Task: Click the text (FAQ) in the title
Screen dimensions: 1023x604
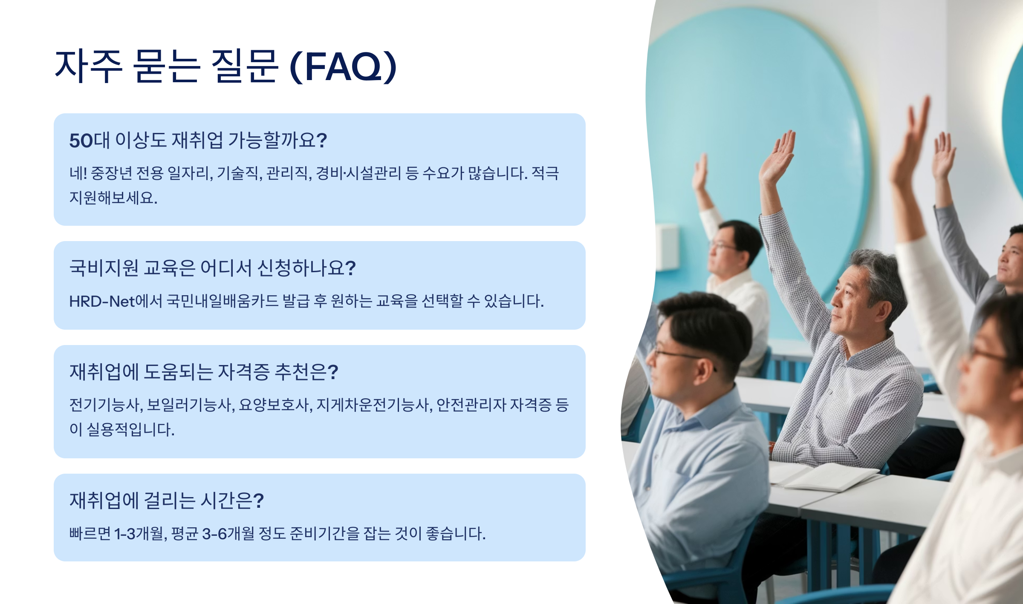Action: tap(343, 66)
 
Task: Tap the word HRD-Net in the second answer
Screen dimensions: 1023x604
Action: tap(102, 301)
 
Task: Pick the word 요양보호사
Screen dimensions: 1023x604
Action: tap(275, 405)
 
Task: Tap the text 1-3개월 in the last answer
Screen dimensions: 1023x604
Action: tap(140, 533)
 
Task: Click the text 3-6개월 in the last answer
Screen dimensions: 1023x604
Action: tap(228, 533)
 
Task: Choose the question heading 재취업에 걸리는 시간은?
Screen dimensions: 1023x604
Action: tap(167, 500)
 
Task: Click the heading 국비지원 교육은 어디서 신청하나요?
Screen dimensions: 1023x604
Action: tap(212, 268)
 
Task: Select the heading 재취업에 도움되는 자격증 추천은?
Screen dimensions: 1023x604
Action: tap(204, 371)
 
